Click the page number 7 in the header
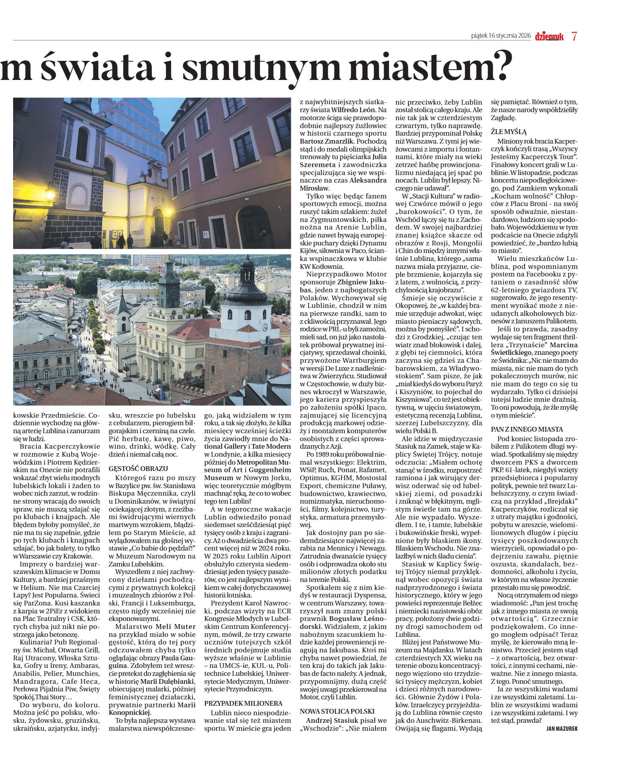[574, 36]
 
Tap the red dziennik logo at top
[549, 37]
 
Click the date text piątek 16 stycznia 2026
[501, 36]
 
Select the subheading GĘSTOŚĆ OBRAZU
[138, 468]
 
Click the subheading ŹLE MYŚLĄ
[509, 131]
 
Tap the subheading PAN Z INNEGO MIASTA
[527, 429]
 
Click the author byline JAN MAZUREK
[562, 728]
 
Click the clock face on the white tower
[265, 327]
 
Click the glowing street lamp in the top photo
[50, 195]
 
